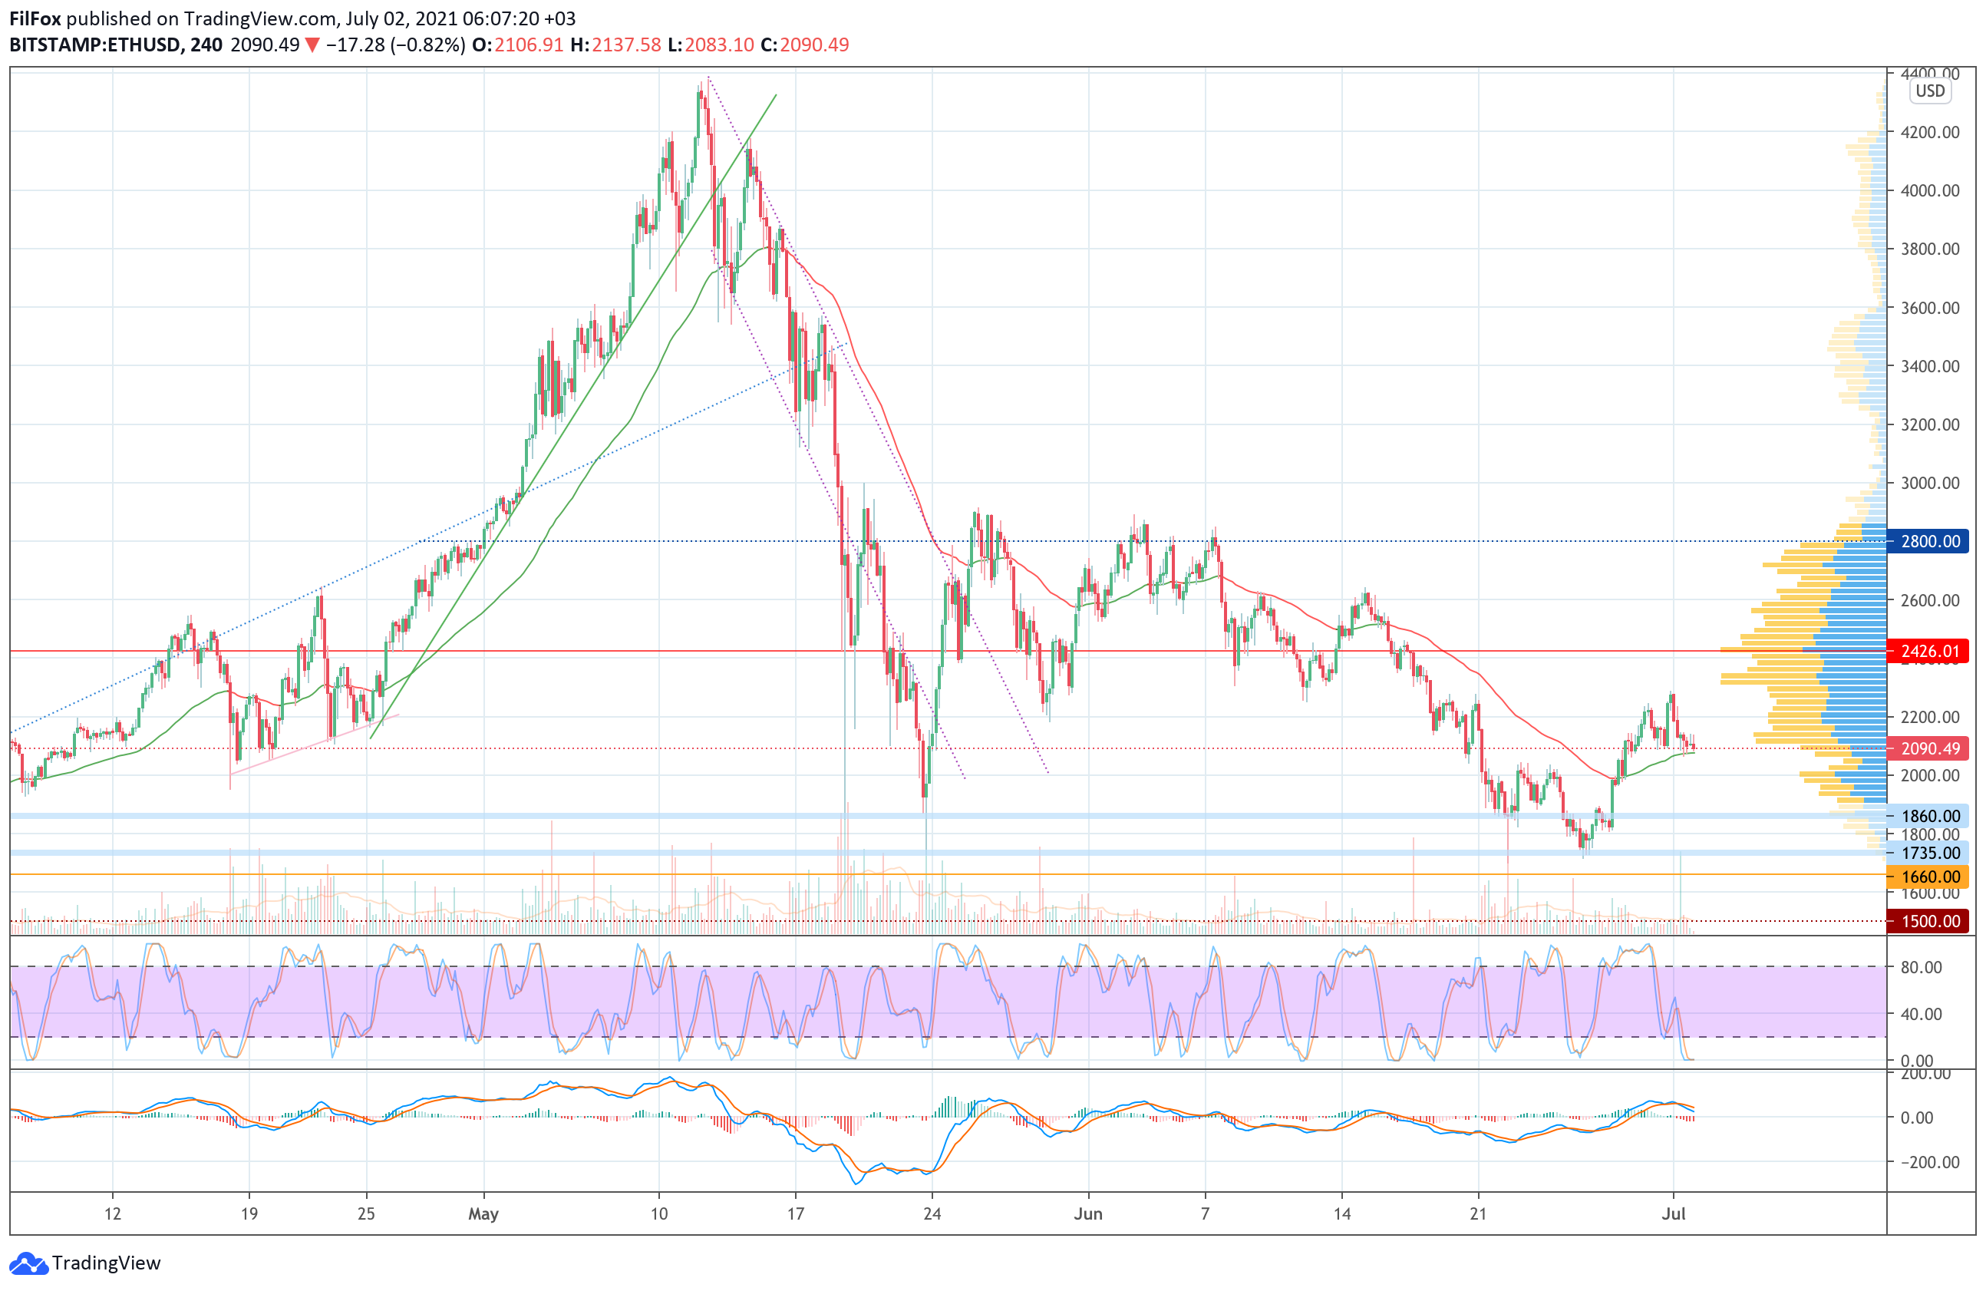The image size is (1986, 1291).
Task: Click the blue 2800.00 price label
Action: coord(1929,541)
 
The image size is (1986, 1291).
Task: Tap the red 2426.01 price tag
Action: coord(1929,651)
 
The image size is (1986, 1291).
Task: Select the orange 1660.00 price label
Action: coord(1929,877)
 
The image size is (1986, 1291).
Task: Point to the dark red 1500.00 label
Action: coord(1929,921)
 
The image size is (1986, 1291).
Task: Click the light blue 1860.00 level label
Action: coord(1929,815)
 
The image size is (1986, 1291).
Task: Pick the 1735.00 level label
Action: coord(1929,853)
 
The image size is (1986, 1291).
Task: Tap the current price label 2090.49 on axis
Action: coord(1929,748)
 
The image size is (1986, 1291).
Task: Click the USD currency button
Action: coord(1930,91)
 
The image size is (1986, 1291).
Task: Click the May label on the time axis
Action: coord(483,1213)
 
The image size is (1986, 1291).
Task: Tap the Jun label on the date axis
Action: coord(1088,1213)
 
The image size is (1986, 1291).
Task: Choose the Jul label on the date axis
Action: coord(1673,1213)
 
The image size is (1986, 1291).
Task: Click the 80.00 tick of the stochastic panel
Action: coord(1921,967)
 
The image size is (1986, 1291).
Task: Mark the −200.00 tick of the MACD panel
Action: coord(1928,1161)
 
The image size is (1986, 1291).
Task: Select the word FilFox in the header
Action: coord(35,18)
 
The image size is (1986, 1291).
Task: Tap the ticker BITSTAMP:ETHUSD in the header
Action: coord(95,45)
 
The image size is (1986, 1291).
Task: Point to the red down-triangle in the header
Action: coord(312,45)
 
